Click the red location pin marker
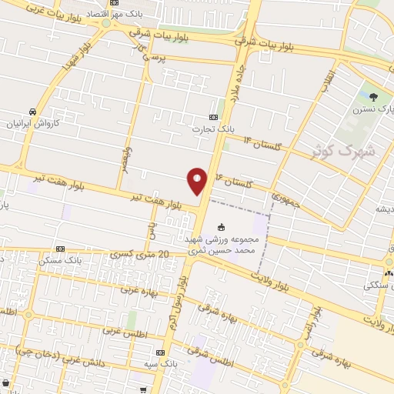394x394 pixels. pyautogui.click(x=197, y=182)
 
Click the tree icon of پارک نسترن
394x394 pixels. pyautogui.click(x=373, y=96)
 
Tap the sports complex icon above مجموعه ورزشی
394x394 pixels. pyautogui.click(x=222, y=226)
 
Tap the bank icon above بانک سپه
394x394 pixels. pyautogui.click(x=159, y=350)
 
